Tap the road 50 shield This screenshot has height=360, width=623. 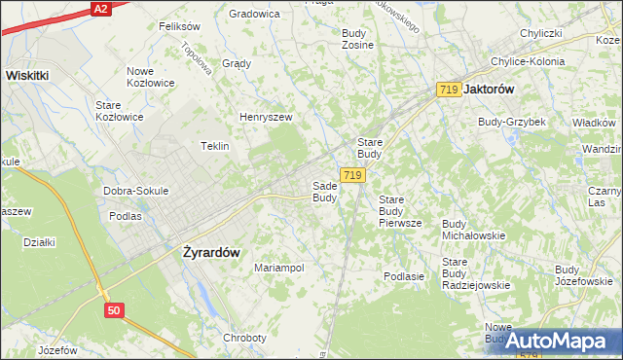tap(116, 309)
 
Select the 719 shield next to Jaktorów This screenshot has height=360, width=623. tap(449, 90)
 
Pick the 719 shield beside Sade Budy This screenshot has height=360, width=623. tap(353, 175)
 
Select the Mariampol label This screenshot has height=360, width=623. tap(279, 268)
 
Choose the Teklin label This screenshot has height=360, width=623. tap(214, 146)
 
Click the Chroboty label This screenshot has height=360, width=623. tap(244, 338)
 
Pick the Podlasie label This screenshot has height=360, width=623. tap(404, 276)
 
